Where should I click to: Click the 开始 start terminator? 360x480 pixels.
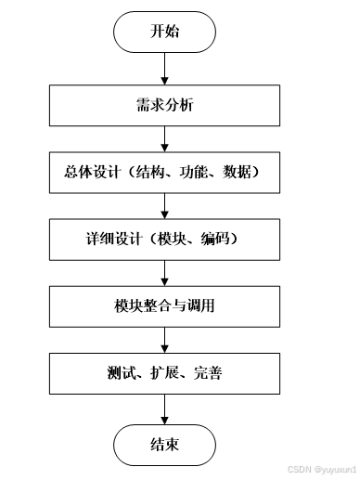[x=164, y=33]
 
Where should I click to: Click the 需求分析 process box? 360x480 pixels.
[x=164, y=106]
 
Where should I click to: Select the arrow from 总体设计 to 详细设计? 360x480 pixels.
[x=164, y=204]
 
